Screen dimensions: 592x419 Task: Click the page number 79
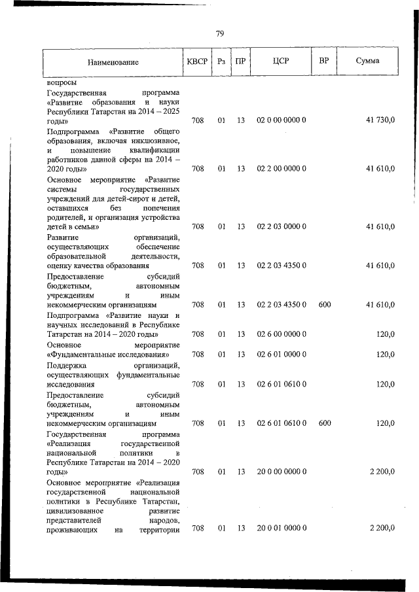click(220, 34)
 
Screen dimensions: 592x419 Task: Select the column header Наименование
click(113, 62)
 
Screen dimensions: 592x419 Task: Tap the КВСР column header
click(196, 61)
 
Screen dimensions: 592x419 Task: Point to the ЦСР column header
click(282, 61)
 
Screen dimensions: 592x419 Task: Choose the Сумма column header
click(368, 61)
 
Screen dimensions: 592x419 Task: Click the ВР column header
click(323, 61)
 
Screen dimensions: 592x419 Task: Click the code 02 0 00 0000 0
click(282, 121)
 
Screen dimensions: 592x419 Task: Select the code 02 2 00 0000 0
click(282, 168)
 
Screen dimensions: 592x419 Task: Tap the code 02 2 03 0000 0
click(282, 227)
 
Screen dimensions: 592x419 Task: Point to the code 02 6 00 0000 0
click(282, 334)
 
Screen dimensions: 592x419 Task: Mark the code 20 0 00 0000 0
click(282, 472)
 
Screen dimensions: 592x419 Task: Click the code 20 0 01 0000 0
click(282, 528)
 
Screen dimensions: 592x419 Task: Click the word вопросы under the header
click(62, 84)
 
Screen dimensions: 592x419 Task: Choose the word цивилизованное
click(73, 510)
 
